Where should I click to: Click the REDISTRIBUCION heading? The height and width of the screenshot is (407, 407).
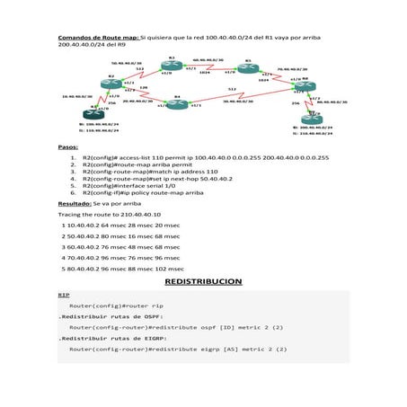[203, 281]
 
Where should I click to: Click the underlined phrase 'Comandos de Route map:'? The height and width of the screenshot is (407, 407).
[99, 39]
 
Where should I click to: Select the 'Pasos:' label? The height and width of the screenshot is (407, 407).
[69, 146]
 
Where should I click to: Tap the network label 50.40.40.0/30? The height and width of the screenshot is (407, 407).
[126, 63]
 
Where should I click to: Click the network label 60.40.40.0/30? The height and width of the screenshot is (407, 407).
[208, 61]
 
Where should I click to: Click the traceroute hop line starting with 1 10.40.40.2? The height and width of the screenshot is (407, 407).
[119, 226]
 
